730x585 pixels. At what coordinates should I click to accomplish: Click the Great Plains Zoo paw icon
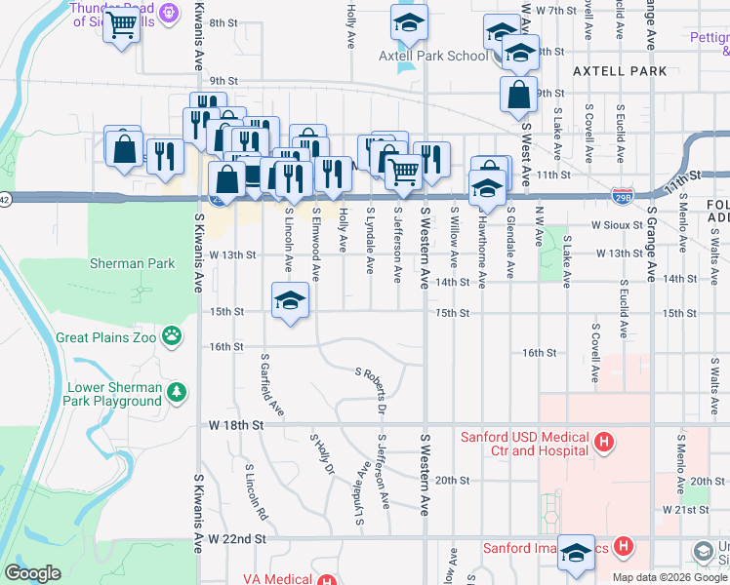click(x=172, y=337)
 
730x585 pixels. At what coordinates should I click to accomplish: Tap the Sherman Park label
click(x=132, y=263)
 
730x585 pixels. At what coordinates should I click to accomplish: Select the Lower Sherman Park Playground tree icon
click(x=177, y=394)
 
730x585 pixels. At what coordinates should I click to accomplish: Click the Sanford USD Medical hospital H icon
click(x=604, y=444)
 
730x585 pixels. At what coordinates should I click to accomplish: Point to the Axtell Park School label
click(x=433, y=57)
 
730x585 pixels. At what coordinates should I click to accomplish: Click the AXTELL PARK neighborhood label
click(x=620, y=71)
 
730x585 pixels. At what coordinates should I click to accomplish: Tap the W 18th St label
click(x=236, y=426)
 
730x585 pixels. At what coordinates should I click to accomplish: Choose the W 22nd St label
click(x=236, y=538)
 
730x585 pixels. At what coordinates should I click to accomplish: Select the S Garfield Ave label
click(x=272, y=385)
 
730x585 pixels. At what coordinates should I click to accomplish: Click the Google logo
click(x=32, y=573)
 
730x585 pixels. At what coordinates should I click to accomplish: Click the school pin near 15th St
click(x=290, y=301)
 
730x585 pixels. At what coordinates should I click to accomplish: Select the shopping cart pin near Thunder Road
click(x=122, y=26)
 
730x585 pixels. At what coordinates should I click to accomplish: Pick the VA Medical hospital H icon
click(x=327, y=580)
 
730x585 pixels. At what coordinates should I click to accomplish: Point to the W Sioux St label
click(x=615, y=225)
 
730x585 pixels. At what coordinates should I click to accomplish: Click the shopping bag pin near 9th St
click(x=518, y=96)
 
